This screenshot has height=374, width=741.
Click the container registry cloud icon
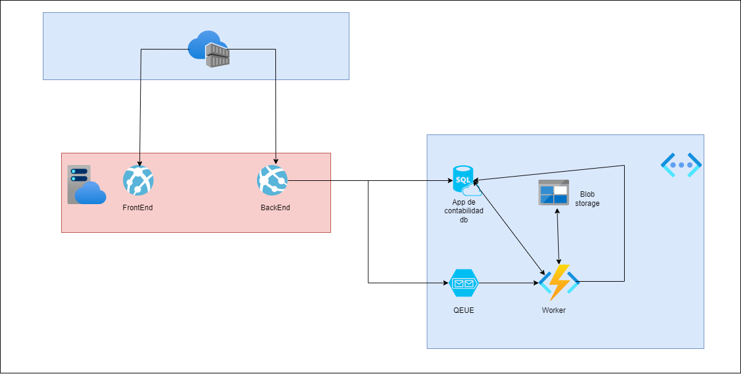209,49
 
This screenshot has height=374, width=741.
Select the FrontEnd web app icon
138,180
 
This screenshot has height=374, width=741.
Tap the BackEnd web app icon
272,180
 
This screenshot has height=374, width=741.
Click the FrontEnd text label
138,208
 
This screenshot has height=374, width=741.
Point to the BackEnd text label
275,208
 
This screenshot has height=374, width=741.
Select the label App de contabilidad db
464,211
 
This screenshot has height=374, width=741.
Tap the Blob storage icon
553,193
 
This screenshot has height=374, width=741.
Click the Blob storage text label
587,199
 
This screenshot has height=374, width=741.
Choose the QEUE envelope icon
464,283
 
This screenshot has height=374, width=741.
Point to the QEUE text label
464,310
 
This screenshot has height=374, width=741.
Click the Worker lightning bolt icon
559,282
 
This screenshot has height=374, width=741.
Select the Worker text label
554,310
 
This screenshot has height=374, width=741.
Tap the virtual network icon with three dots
681,164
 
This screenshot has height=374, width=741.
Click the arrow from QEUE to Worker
508,283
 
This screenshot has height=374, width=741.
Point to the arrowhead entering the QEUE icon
445,283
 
